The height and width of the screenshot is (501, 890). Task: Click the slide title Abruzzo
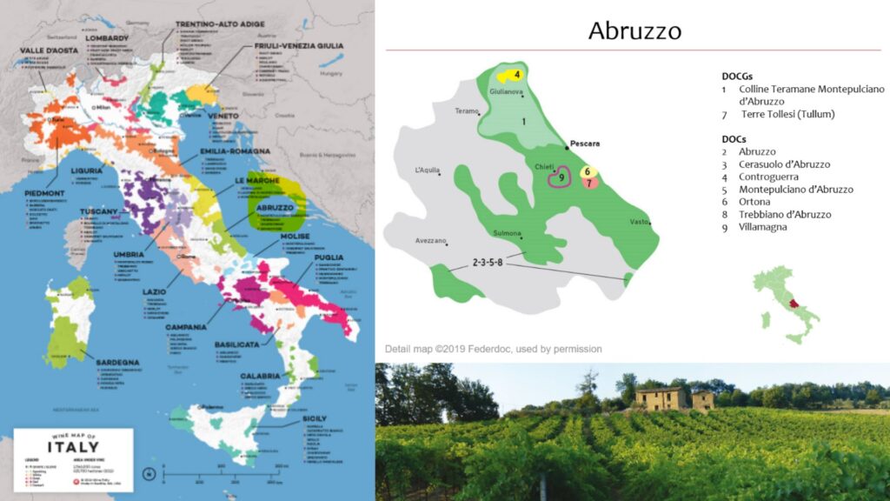tap(634, 30)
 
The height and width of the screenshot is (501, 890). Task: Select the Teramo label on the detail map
tap(467, 111)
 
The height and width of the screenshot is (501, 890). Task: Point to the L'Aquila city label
tap(429, 170)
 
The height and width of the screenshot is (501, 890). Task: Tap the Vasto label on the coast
tap(641, 223)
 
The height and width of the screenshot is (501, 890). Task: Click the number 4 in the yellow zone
tap(517, 75)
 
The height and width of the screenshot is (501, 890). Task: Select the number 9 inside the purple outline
tap(561, 178)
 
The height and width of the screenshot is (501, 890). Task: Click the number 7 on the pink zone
tap(589, 184)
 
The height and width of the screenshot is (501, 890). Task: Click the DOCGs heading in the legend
tap(739, 76)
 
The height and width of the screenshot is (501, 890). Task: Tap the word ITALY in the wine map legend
tap(73, 447)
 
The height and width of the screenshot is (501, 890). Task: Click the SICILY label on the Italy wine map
tap(315, 419)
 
